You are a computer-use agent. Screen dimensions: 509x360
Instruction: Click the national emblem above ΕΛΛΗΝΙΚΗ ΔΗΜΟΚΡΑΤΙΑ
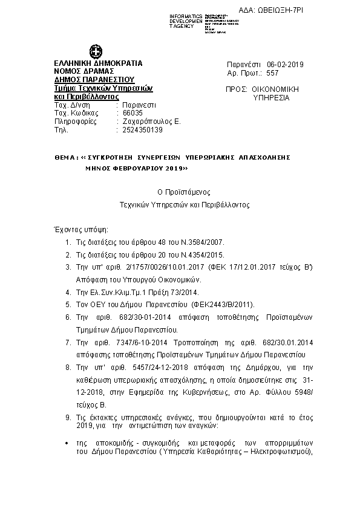coord(95,52)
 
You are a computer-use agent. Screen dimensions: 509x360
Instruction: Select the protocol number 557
coord(272,73)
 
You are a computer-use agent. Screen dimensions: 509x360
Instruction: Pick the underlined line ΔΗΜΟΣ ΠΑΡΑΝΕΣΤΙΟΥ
coord(94,79)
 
